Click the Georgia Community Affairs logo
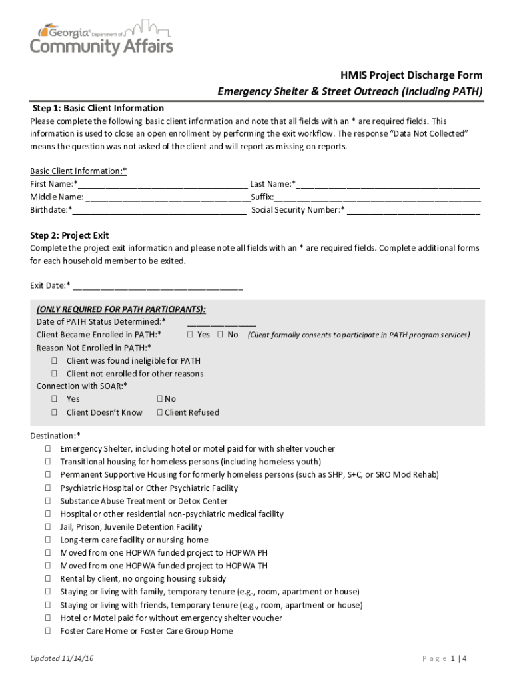coord(101,38)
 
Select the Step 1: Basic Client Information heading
coord(98,108)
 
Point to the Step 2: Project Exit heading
coord(69,235)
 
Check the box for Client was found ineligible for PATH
coord(54,361)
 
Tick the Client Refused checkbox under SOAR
coord(160,413)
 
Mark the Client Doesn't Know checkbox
coord(54,413)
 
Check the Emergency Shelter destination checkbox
coord(49,449)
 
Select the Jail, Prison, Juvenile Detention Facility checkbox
coord(49,527)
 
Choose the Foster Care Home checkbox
coord(49,631)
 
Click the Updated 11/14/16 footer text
coord(62,659)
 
